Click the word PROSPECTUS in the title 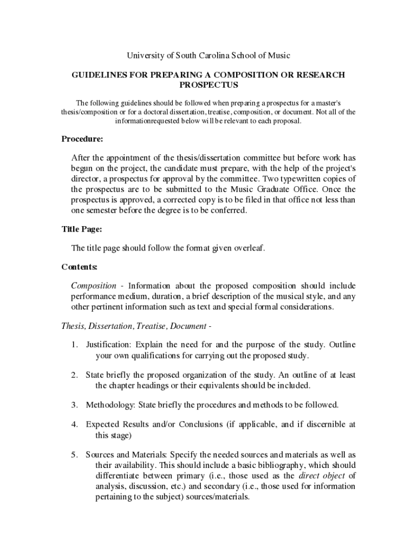208,85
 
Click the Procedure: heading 82,139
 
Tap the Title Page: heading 82,229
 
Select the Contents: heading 80,267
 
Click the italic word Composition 94,286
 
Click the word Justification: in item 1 108,345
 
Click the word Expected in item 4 102,424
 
